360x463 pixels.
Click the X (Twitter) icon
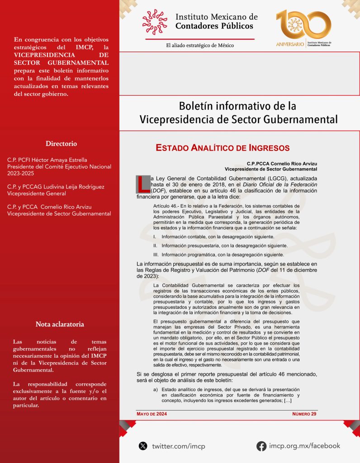pos(143,446)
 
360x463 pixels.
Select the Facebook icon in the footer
pos(261,446)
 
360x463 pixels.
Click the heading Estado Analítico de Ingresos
pos(223,148)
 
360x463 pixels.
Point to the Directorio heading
pos(61,144)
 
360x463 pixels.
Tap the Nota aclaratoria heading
pos(60,324)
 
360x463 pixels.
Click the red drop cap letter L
pos(143,183)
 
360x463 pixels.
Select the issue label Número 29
pos(304,414)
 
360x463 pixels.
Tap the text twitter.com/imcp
pos(179,446)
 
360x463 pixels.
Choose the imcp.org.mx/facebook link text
pos(304,446)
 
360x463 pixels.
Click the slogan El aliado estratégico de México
pos(200,45)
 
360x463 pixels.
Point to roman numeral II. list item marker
pos(155,246)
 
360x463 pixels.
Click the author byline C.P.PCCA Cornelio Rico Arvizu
pos(282,163)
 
